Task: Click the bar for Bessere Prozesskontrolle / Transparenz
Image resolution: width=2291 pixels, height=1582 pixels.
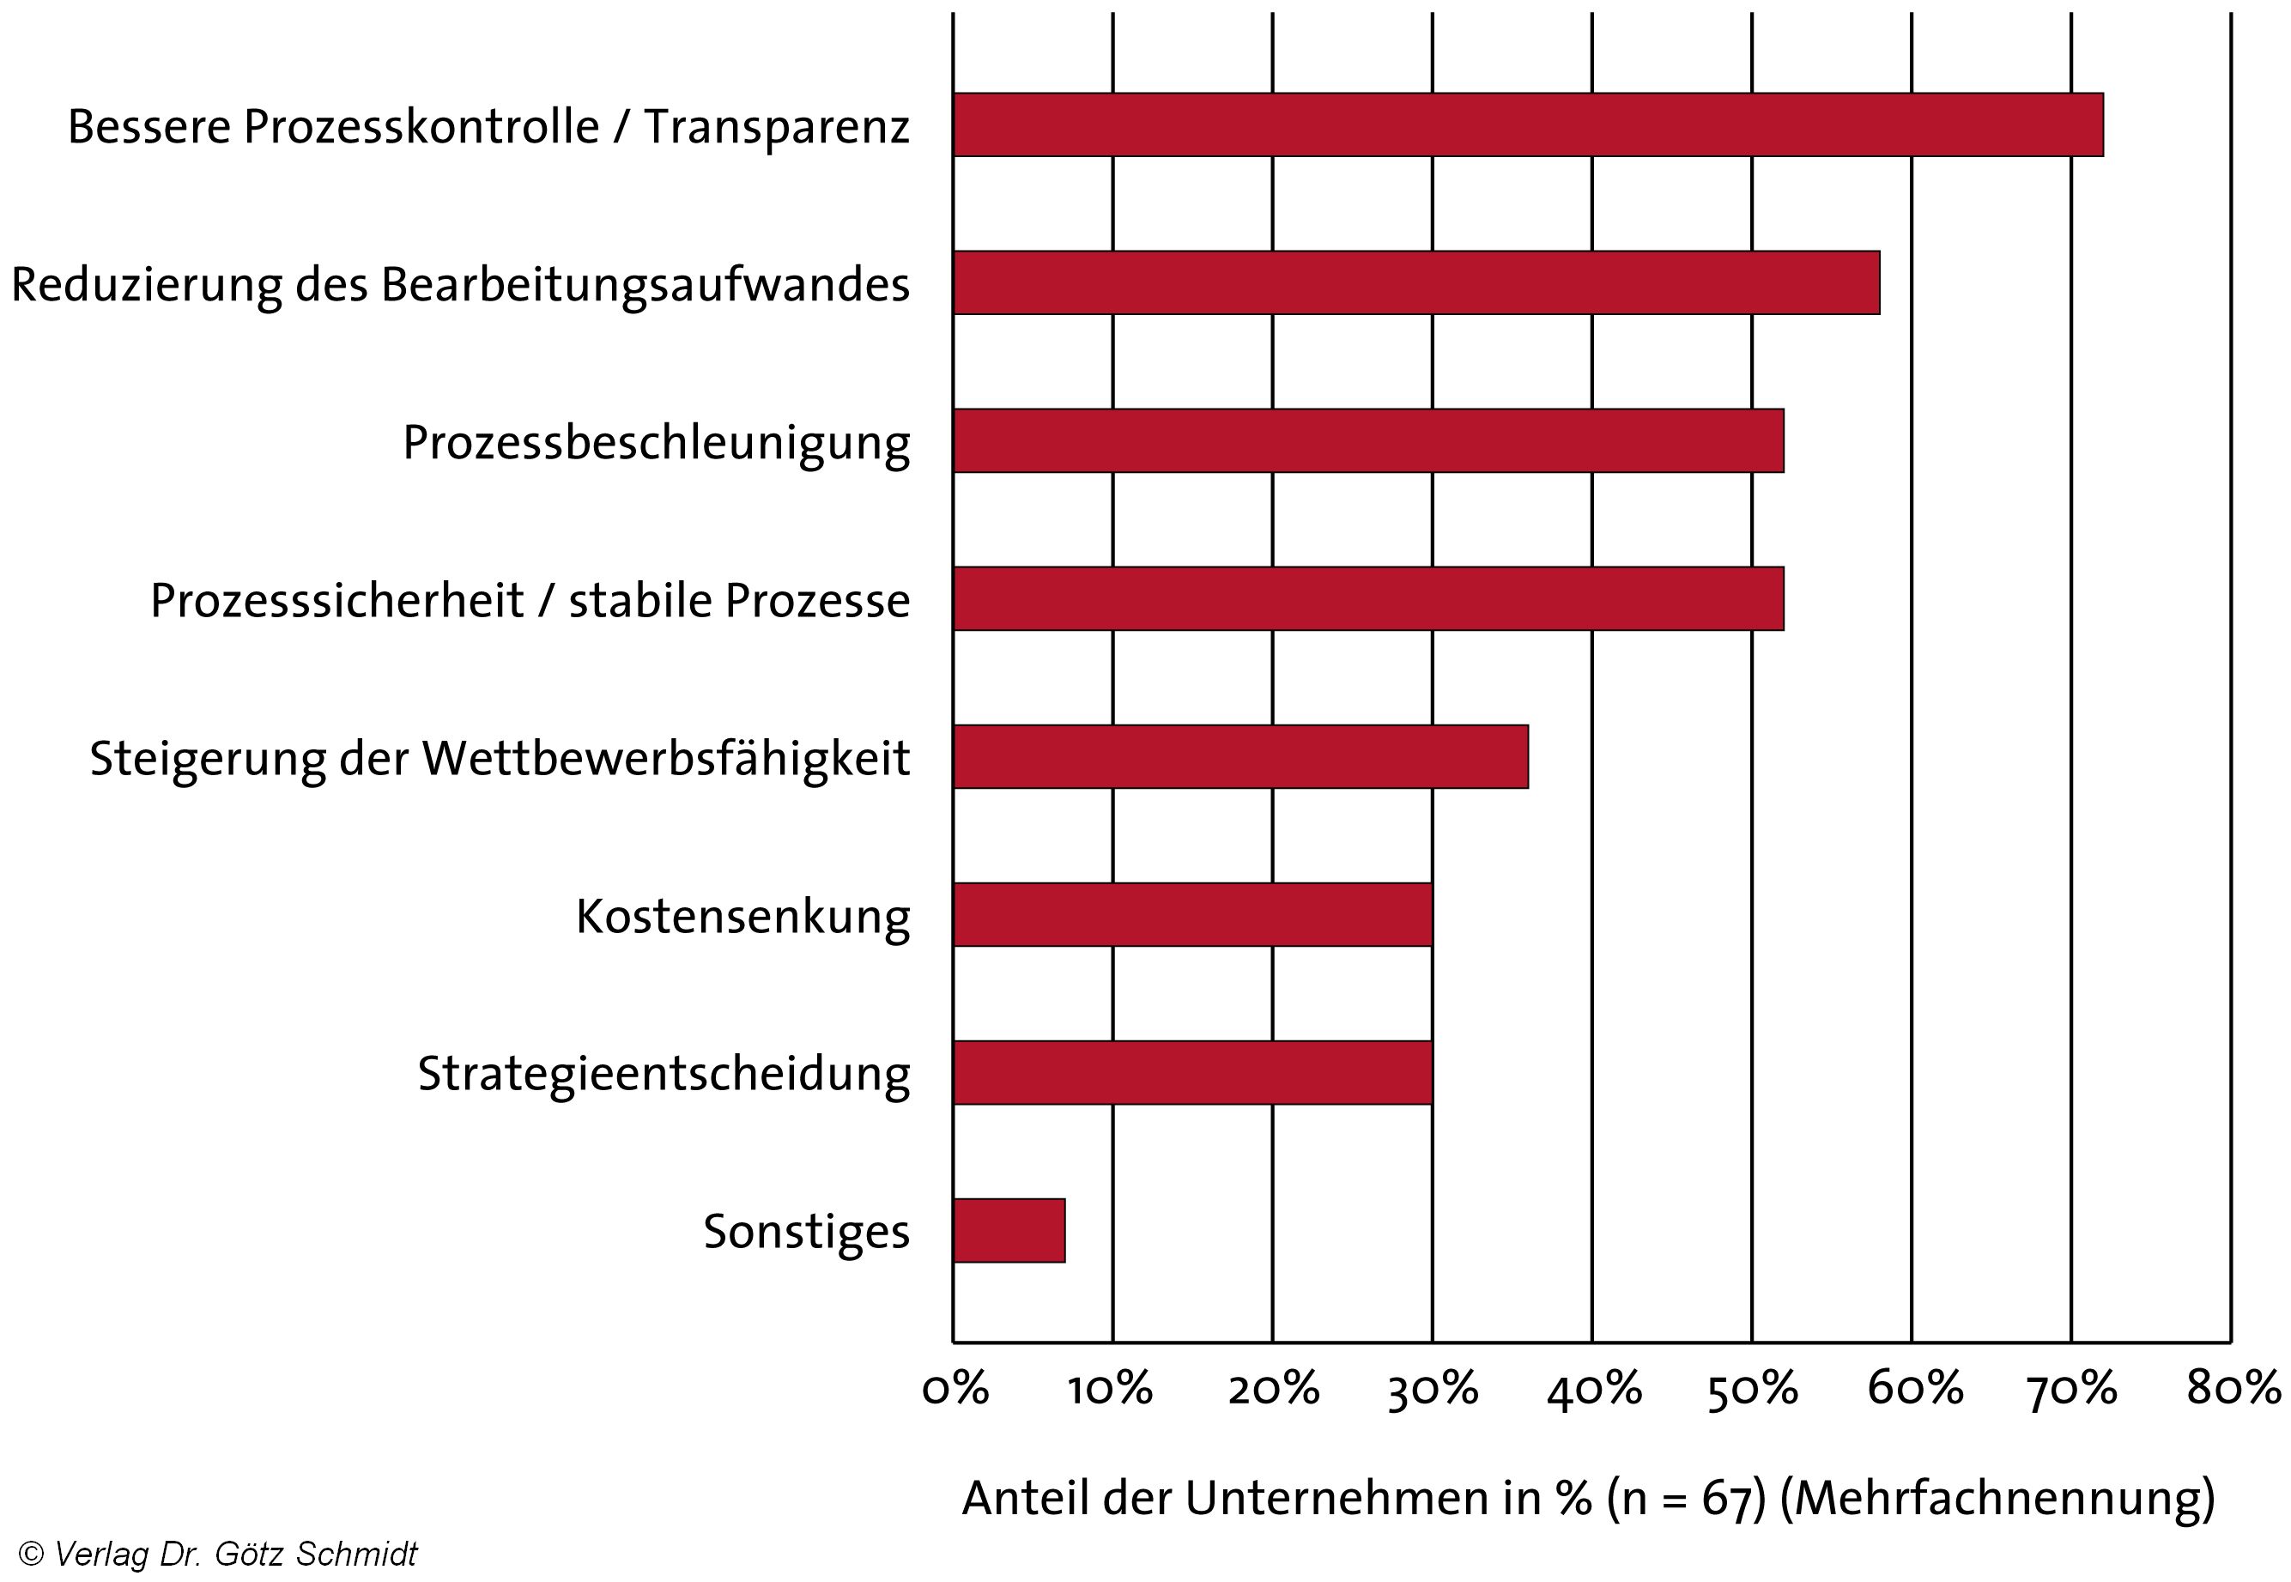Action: (1526, 125)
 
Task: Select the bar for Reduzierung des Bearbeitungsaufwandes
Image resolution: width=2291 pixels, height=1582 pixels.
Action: (1415, 282)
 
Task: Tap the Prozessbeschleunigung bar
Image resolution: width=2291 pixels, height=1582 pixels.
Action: (1367, 440)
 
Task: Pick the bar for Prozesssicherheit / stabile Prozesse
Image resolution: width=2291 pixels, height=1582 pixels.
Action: (1367, 598)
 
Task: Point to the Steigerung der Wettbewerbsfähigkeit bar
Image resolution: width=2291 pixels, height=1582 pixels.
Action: (1239, 756)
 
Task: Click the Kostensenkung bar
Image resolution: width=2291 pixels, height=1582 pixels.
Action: (1192, 914)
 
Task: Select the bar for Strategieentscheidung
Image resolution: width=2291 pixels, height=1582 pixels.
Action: (1192, 1072)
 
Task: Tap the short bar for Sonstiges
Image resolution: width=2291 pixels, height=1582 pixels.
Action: (1009, 1230)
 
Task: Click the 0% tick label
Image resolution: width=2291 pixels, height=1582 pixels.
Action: (955, 1390)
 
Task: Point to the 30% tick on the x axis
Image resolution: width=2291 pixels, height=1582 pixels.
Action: (1432, 1390)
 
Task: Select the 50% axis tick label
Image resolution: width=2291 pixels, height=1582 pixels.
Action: (1752, 1390)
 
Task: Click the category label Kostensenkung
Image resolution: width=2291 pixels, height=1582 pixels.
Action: (742, 917)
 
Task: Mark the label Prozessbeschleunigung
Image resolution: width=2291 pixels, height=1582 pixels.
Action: (655, 443)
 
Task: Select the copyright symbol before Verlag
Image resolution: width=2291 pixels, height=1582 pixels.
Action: (31, 1555)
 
